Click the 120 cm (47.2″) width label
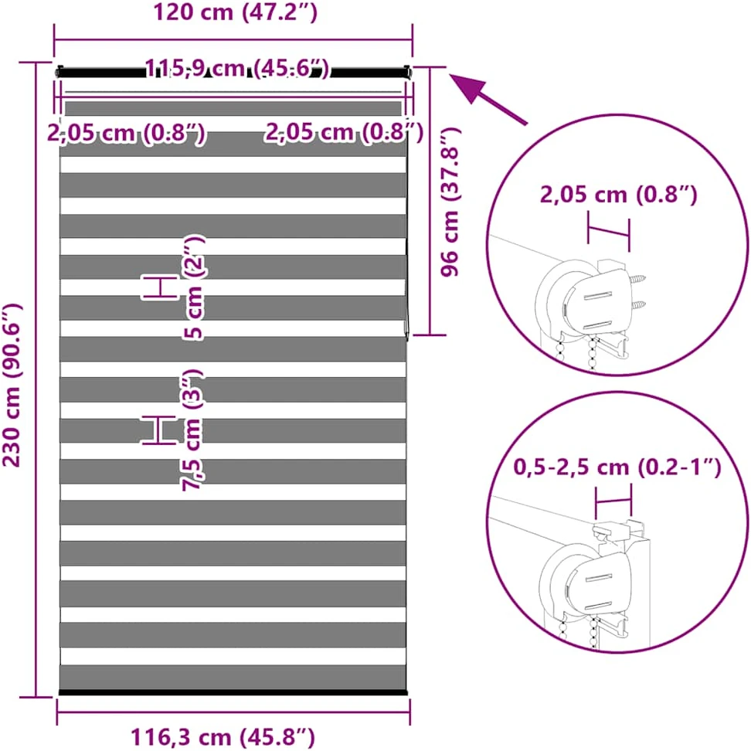[x=235, y=12]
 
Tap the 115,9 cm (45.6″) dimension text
[x=237, y=68]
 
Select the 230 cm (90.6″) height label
[x=12, y=385]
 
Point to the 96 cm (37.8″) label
[x=450, y=202]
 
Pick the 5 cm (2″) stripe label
[x=193, y=287]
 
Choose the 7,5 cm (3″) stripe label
[x=193, y=430]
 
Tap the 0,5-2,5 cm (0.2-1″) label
[x=617, y=467]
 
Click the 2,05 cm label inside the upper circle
[x=618, y=195]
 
